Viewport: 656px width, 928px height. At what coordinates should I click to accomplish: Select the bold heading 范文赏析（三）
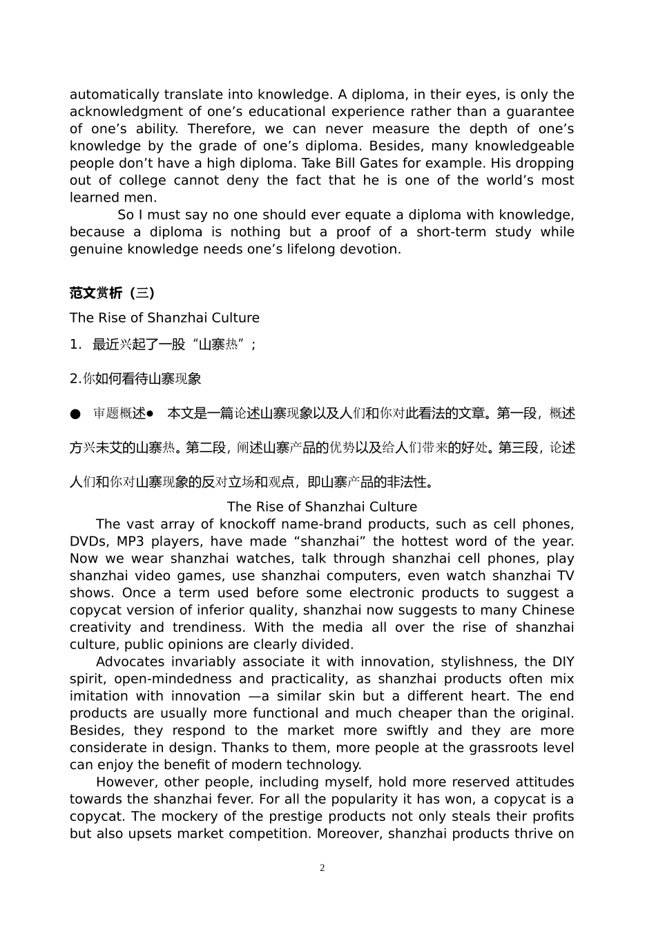pyautogui.click(x=112, y=293)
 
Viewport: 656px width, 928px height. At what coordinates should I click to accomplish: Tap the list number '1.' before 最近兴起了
pyautogui.click(x=76, y=344)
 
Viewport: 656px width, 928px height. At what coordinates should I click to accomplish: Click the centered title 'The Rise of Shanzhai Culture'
pyautogui.click(x=322, y=507)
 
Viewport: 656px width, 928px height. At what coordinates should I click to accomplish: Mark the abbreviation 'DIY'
pyautogui.click(x=563, y=661)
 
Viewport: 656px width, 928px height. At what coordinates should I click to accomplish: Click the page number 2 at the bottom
pyautogui.click(x=322, y=868)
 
